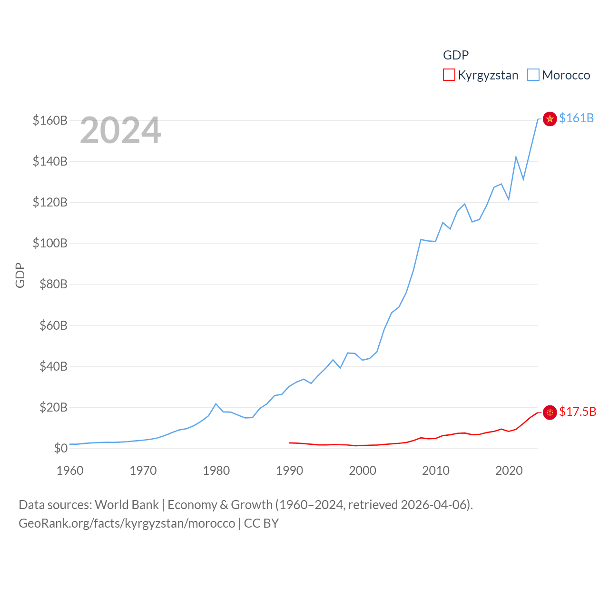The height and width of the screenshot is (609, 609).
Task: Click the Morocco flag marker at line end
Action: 550,119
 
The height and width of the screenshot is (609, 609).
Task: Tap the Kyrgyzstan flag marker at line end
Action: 550,413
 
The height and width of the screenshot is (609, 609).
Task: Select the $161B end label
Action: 576,118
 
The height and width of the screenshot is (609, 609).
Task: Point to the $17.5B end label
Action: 578,412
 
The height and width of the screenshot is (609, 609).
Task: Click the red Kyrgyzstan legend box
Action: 449,75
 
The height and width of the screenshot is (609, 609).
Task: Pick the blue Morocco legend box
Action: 533,75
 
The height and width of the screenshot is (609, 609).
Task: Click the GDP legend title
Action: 456,55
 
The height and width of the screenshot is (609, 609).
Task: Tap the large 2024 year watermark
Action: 120,130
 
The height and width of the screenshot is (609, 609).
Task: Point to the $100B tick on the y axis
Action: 50,243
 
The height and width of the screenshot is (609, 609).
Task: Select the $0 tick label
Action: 60,448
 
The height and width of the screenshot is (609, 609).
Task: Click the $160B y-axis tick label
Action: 50,120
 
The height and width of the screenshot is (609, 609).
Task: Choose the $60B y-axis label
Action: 53,325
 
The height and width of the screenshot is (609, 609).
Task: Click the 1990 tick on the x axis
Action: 289,471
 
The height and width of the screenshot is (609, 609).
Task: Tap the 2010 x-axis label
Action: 436,471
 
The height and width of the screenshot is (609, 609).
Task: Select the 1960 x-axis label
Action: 70,471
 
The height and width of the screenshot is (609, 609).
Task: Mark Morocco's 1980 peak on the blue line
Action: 216,404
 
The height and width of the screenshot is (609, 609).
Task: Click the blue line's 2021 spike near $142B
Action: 516,157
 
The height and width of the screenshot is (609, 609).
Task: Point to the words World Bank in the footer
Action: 127,504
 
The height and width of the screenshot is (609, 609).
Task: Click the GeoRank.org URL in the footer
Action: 127,523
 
